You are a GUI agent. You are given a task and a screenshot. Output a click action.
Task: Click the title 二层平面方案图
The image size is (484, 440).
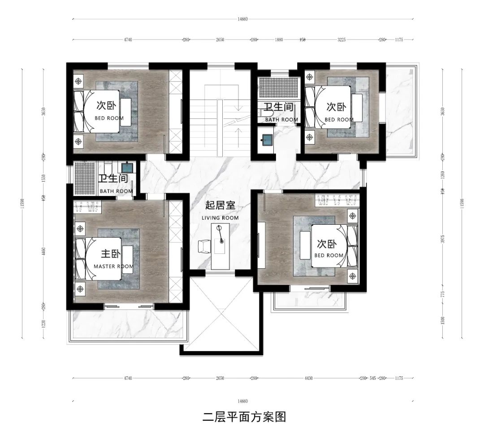(x=244, y=417)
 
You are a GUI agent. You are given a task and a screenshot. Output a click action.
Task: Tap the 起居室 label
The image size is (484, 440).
(x=220, y=206)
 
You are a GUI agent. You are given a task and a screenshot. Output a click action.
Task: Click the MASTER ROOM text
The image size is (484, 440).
(x=113, y=266)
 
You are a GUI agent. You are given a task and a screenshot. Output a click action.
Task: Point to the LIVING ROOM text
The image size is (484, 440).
(x=220, y=218)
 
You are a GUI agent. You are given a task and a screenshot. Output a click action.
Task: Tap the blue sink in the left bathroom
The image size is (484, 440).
(x=127, y=168)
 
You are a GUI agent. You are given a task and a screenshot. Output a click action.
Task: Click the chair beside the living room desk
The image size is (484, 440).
(x=204, y=246)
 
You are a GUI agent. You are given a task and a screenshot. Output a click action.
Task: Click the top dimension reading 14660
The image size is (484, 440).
(x=242, y=19)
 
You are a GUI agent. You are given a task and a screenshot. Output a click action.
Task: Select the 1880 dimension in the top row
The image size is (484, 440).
(x=279, y=40)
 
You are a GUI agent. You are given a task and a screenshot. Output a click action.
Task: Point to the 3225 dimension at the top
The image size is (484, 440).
(x=341, y=40)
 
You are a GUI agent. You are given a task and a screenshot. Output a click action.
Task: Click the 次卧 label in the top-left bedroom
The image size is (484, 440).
(x=107, y=106)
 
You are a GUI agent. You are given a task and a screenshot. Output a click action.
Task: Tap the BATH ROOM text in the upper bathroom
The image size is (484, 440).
(x=281, y=120)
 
